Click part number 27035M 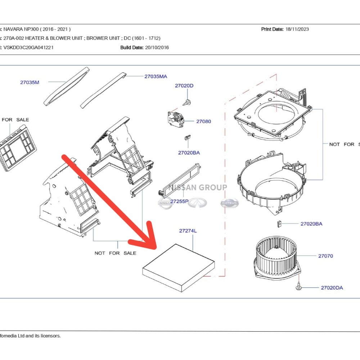[x=30, y=82]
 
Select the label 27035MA [x=156, y=76]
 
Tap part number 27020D [x=184, y=86]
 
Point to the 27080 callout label [x=203, y=121]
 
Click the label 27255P [x=179, y=202]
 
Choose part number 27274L [x=188, y=231]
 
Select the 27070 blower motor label [x=325, y=256]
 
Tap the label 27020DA [x=332, y=288]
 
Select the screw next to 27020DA [x=299, y=287]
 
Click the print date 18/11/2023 [x=297, y=29]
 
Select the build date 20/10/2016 [x=157, y=47]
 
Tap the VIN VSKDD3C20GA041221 [x=28, y=47]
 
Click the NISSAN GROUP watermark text [x=198, y=188]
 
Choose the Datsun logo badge [x=229, y=203]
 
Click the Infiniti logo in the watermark [x=198, y=203]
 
